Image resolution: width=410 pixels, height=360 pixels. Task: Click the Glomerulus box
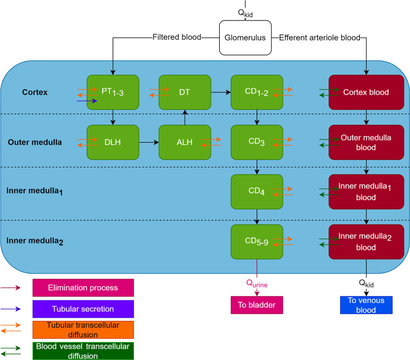point(245,38)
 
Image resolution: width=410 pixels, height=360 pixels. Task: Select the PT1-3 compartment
point(113,92)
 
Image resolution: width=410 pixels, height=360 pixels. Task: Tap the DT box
point(185,92)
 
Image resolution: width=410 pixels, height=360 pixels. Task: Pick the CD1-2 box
point(257,92)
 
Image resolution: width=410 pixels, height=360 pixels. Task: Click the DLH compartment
point(113,142)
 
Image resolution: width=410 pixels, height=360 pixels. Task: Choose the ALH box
point(185,142)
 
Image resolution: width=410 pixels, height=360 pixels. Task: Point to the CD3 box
point(257,142)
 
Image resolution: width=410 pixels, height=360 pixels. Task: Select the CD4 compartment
point(257,192)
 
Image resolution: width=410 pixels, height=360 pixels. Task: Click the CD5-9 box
point(257,242)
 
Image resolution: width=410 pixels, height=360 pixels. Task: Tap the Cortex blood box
point(366,92)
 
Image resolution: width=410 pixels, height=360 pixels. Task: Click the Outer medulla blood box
point(366,142)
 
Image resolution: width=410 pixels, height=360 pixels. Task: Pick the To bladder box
point(257,305)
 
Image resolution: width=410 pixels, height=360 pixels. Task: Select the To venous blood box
point(366,305)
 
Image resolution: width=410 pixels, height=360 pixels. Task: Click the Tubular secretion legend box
point(83,309)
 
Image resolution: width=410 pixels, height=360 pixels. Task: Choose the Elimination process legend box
point(83,288)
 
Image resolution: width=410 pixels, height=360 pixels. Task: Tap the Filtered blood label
point(177,37)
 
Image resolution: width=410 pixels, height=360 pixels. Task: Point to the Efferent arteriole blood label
point(320,38)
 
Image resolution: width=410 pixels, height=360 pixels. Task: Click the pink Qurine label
point(257,284)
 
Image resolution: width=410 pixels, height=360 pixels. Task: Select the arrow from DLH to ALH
point(149,142)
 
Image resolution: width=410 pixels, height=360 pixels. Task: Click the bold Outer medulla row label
point(35,142)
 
